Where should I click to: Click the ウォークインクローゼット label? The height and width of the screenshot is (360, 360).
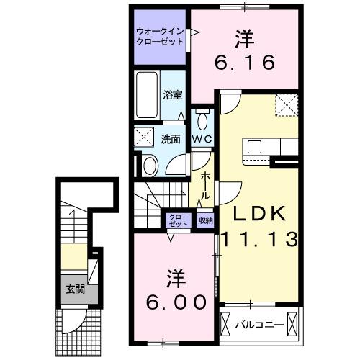[160, 36]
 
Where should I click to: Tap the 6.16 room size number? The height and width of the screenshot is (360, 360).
[245, 63]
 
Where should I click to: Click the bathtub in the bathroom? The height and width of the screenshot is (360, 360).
[146, 96]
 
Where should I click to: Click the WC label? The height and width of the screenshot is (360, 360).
[201, 138]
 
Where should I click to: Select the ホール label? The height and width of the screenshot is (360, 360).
[205, 184]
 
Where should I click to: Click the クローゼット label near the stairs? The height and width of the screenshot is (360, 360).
[177, 220]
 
